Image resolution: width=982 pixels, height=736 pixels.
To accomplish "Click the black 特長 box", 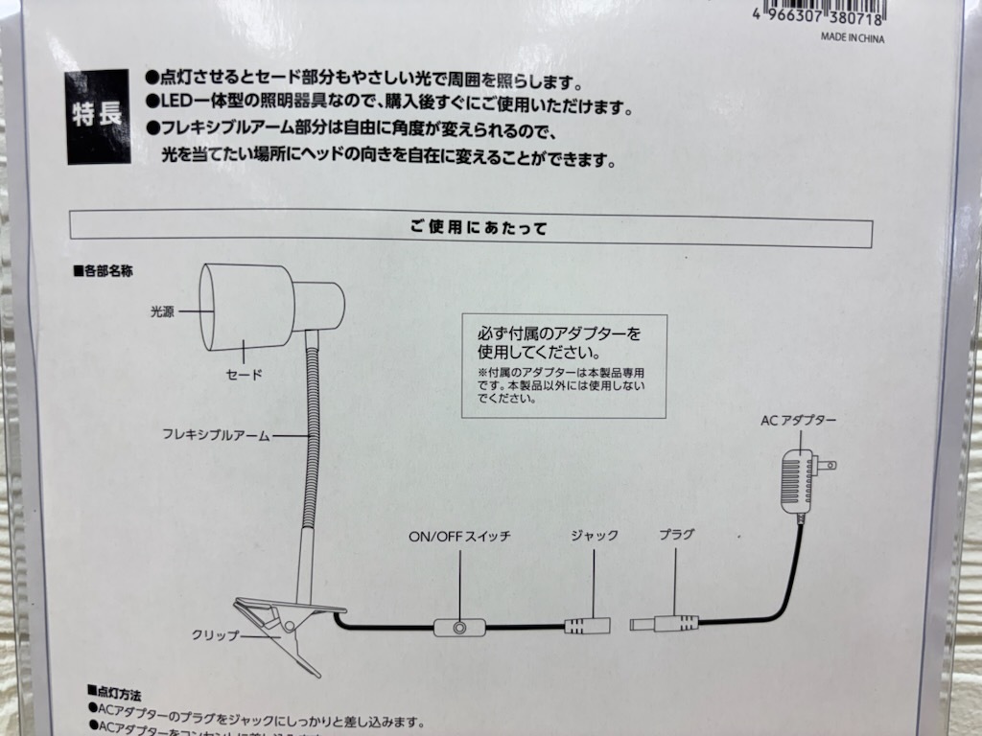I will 98,115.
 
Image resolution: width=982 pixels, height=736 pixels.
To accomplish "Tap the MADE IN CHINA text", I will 852,39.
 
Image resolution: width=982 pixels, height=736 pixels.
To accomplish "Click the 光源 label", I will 161,310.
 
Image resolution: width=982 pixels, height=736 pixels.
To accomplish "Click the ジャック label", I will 594,536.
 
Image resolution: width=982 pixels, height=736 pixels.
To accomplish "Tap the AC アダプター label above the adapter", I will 798,421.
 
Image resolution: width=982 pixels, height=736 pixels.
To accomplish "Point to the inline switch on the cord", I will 458,628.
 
